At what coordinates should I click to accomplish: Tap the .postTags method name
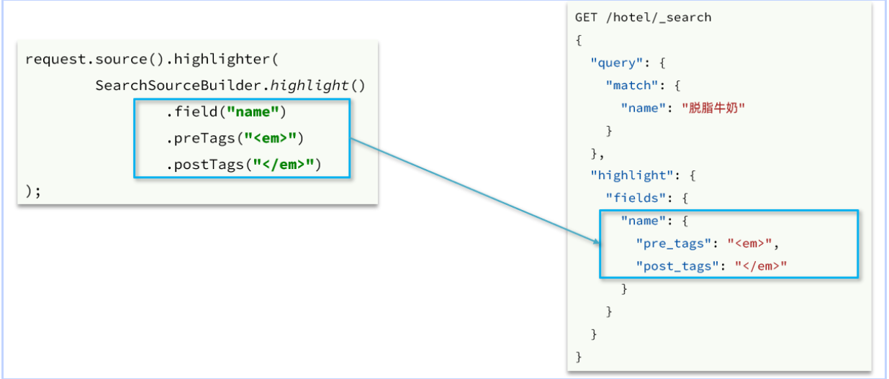(x=201, y=165)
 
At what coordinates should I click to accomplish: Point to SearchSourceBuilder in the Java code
(x=180, y=85)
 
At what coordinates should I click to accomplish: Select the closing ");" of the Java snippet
(x=33, y=191)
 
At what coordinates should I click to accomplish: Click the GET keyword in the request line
(x=586, y=17)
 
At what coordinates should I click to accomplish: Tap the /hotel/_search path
(x=658, y=17)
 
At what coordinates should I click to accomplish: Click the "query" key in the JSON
(x=613, y=63)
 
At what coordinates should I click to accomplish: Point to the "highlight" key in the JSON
(x=628, y=175)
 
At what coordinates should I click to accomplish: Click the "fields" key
(x=633, y=198)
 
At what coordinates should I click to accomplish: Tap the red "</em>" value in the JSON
(x=761, y=266)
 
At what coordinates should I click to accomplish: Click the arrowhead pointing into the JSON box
(x=595, y=241)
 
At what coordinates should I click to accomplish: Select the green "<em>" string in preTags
(x=274, y=138)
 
